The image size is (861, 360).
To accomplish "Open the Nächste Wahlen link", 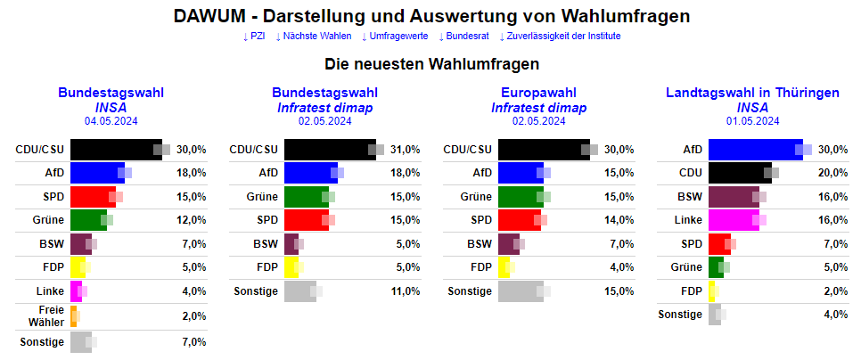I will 314,36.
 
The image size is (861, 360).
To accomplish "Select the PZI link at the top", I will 254,36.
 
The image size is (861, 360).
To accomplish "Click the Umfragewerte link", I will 396,36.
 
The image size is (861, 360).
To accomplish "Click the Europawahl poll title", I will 538,93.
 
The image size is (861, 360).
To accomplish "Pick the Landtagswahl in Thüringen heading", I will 752,93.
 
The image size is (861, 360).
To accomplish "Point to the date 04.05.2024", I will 111,121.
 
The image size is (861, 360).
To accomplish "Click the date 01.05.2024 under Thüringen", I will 752,121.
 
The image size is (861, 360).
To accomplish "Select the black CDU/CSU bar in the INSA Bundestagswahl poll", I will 114,150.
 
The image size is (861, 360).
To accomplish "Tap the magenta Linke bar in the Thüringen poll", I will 733,219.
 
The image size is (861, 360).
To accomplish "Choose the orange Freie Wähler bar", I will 73,316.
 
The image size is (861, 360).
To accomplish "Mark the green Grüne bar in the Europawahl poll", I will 520,196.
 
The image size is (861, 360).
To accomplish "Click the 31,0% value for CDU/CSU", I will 406,150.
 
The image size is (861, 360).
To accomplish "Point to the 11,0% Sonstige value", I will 406,290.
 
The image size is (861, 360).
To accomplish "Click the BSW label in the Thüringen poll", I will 689,196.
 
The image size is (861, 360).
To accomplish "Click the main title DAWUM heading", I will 430,16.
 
